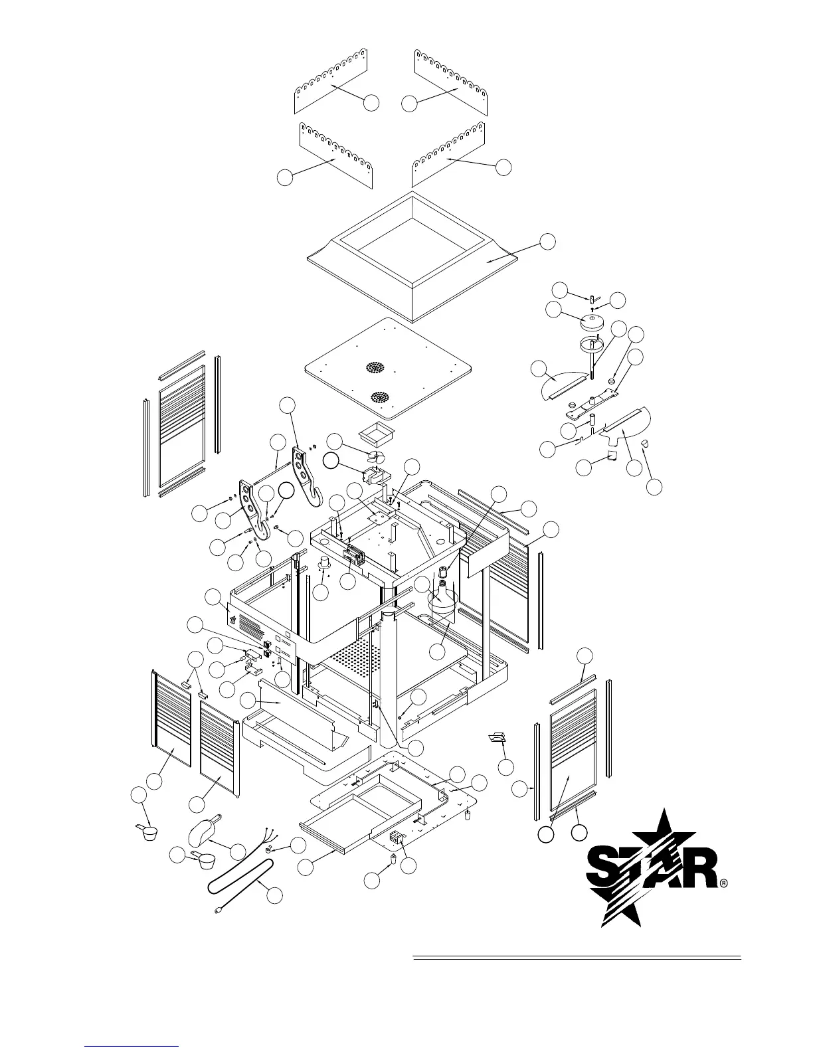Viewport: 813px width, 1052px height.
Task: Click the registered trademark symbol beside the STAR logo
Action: [724, 884]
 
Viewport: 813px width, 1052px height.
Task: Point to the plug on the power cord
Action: [217, 912]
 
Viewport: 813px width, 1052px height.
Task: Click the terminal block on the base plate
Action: [397, 838]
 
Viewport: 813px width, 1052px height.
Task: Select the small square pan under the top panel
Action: [375, 436]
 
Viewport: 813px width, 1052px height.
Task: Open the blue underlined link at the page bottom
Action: [133, 1045]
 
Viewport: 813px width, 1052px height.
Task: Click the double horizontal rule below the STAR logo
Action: [577, 958]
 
